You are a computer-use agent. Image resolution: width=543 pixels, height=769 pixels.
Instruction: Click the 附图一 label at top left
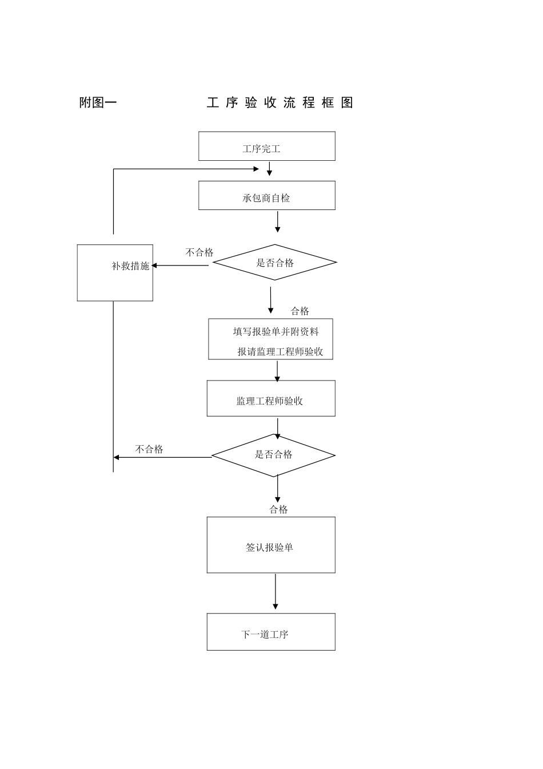98,103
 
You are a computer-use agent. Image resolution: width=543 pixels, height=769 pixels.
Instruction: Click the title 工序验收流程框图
280,103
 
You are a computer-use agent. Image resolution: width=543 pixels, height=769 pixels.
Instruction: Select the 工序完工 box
266,146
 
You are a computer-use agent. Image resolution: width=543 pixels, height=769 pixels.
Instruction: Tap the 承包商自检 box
266,196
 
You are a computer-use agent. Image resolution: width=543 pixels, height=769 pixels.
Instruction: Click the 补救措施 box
115,272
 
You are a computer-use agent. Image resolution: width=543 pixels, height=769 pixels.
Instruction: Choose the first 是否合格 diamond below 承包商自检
274,263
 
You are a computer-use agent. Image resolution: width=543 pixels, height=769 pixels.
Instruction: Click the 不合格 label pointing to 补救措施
199,252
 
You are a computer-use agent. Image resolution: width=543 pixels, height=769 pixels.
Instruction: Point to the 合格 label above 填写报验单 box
300,311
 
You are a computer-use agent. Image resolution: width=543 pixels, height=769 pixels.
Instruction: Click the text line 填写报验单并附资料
276,332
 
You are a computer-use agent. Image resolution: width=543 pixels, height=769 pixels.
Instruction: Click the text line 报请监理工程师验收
280,352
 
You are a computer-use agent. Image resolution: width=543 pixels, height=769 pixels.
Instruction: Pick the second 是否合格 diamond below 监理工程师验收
273,455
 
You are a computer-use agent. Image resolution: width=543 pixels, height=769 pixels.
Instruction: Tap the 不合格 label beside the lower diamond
149,450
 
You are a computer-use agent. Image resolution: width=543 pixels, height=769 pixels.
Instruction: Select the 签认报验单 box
270,545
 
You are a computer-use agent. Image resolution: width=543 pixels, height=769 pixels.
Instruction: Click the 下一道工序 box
270,632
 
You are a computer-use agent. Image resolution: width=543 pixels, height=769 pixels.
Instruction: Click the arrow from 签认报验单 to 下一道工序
276,592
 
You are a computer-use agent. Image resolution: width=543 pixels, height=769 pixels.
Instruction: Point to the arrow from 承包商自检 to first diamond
278,221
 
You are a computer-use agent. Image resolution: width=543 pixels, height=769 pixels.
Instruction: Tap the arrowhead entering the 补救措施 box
155,265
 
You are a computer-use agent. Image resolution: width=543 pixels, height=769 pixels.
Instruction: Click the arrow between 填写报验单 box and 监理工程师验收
277,371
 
